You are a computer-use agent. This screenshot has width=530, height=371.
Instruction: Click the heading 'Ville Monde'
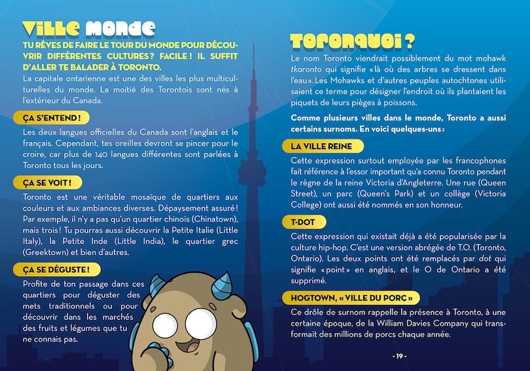click(x=88, y=28)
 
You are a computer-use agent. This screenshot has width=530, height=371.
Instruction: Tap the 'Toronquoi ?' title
click(x=352, y=41)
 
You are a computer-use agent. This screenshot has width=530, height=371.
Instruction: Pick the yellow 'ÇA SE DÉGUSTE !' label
click(x=56, y=269)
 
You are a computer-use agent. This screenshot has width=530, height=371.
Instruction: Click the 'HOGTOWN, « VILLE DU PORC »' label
click(x=351, y=298)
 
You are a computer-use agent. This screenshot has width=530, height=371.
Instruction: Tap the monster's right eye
click(x=201, y=322)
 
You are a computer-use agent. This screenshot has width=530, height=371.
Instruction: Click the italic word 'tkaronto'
click(x=308, y=69)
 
